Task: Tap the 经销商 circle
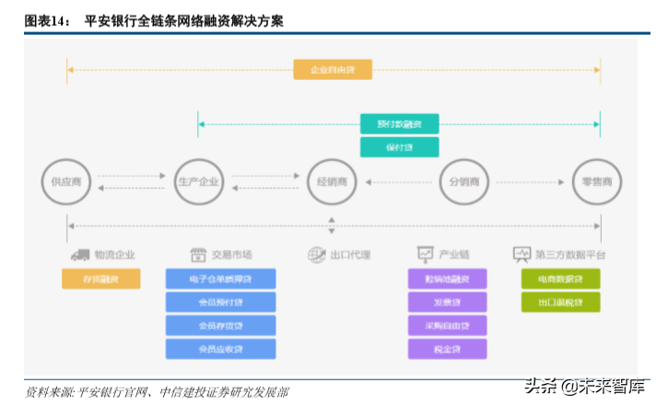(332, 181)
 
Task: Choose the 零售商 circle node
(597, 181)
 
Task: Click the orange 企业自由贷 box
(333, 69)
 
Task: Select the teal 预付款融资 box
(399, 123)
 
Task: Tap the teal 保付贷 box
(399, 146)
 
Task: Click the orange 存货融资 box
(101, 278)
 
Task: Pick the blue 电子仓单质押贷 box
(221, 278)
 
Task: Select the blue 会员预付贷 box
(221, 302)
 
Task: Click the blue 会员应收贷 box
(221, 349)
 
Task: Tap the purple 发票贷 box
(447, 302)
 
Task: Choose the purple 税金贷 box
(447, 349)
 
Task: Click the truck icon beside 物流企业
(78, 254)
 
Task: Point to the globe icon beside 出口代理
(317, 254)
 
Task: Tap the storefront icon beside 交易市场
(197, 254)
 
